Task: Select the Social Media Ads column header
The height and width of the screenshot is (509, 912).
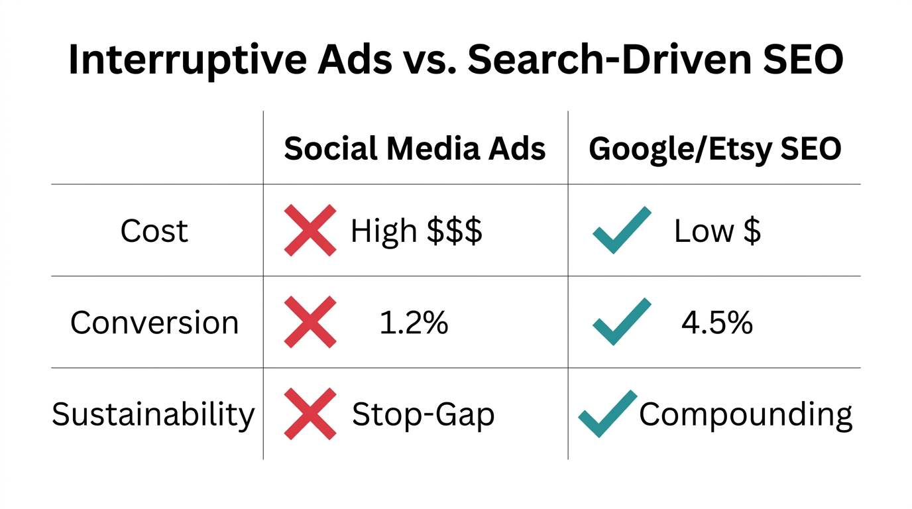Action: point(415,149)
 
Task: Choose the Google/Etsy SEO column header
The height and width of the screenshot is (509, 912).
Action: point(715,149)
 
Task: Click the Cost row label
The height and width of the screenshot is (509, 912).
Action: point(154,231)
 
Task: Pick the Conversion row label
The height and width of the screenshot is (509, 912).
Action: point(154,323)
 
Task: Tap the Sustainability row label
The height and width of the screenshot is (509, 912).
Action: point(153,415)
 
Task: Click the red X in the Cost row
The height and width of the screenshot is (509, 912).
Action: point(310,231)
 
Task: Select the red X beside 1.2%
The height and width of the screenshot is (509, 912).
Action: point(310,322)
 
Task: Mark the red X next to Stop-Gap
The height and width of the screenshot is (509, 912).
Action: point(310,414)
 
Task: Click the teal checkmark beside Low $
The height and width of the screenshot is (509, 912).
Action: point(621,230)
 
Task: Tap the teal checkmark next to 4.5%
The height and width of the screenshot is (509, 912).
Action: point(621,321)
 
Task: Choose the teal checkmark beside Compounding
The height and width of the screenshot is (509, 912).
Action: point(606,414)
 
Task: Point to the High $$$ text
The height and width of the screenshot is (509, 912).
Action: point(416,231)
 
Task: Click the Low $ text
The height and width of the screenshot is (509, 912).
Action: point(717,231)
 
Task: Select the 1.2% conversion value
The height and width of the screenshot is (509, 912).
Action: point(414,323)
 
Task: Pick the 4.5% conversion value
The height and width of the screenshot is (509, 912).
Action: point(717,323)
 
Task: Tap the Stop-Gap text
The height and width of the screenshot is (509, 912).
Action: point(423,415)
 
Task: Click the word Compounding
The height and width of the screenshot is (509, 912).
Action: point(746,415)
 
